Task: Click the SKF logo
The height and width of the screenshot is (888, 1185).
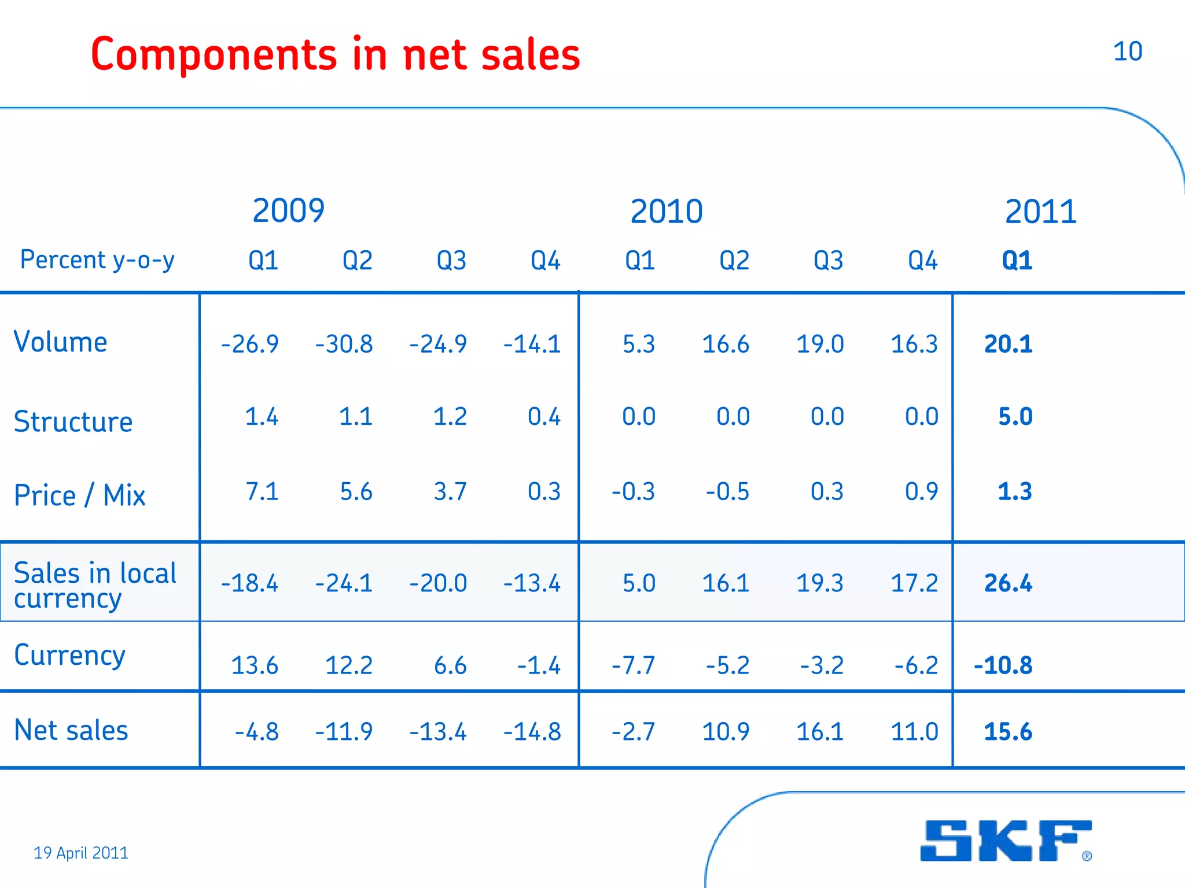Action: tap(1006, 841)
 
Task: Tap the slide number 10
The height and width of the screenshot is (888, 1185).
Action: tap(1127, 51)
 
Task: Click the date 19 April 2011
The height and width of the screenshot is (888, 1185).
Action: tap(81, 853)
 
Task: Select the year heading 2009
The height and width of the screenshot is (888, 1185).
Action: tap(288, 210)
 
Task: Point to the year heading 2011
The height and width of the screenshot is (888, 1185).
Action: tap(1040, 212)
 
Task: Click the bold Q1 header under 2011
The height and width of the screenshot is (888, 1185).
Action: tap(1017, 261)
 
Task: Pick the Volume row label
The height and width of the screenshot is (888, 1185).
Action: tap(60, 342)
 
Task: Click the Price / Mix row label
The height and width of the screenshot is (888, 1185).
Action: tap(79, 495)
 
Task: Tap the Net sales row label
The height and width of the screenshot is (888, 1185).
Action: tap(71, 730)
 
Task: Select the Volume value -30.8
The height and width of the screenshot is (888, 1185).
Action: tap(344, 345)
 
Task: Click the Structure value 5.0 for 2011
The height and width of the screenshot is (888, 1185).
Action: tap(1015, 417)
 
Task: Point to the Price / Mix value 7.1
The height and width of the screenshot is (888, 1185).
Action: tap(262, 492)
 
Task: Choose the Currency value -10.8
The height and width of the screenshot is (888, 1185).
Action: tap(1003, 665)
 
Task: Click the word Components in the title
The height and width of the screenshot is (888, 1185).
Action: tap(214, 55)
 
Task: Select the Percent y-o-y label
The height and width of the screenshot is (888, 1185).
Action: tap(97, 260)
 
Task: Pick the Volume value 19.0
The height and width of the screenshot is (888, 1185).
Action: tap(819, 345)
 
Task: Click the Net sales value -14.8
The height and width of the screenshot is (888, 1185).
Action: tap(532, 732)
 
